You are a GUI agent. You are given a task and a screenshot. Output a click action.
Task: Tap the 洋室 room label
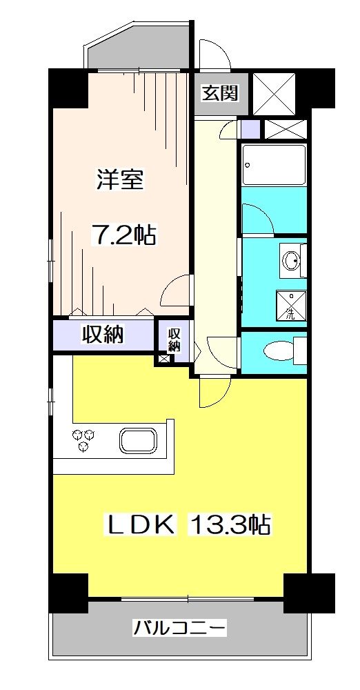point(119,181)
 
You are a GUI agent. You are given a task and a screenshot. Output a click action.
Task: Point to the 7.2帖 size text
point(124,236)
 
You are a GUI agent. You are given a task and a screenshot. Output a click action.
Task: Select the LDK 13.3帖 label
point(186,525)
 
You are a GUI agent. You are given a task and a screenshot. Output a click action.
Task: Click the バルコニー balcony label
point(180,629)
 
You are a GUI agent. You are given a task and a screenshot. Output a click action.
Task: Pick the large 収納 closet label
point(103,335)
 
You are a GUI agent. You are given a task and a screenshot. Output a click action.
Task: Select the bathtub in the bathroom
point(274,164)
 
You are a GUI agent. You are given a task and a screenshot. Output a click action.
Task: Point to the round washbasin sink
point(291,260)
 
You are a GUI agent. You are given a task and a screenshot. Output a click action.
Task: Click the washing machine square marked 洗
point(290,306)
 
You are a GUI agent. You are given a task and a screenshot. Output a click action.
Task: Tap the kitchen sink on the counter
point(139,440)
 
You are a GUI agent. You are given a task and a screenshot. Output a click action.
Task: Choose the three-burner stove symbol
point(83,439)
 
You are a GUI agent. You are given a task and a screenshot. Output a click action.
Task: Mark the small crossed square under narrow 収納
point(163,358)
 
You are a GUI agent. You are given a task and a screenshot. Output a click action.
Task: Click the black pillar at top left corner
point(67,87)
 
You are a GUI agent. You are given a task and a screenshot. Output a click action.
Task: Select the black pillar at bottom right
point(309,591)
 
